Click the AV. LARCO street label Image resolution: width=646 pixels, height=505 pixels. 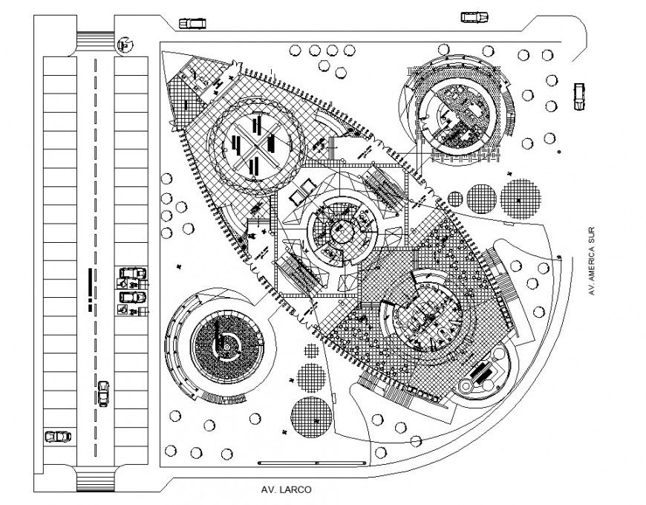pyautogui.click(x=286, y=489)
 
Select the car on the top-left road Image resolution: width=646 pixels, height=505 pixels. pyautogui.click(x=192, y=23)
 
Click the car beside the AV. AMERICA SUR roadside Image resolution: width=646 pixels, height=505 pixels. pyautogui.click(x=579, y=95)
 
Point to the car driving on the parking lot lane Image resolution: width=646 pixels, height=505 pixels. pyautogui.click(x=103, y=393)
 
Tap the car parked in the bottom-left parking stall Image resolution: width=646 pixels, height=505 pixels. pyautogui.click(x=57, y=436)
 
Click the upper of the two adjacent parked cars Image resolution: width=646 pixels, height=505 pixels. pyautogui.click(x=132, y=273)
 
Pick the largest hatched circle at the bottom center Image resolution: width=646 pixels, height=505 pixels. pyautogui.click(x=311, y=417)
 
